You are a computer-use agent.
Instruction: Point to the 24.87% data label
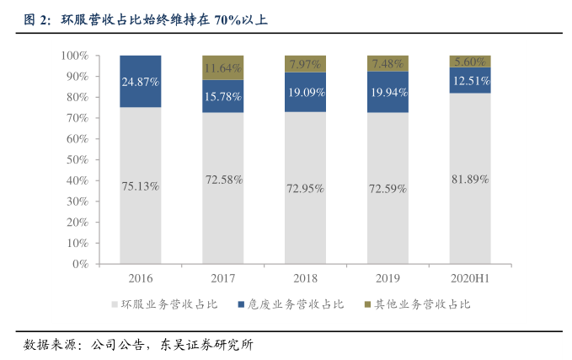(x=140, y=82)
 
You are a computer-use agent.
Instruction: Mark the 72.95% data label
(x=305, y=188)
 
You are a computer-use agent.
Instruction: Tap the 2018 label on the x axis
(x=305, y=278)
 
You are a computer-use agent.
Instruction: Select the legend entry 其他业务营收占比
(x=419, y=304)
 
